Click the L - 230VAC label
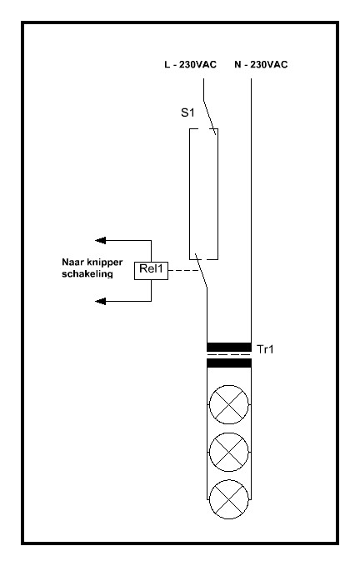click(x=190, y=65)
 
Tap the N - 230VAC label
click(x=261, y=65)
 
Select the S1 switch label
click(x=187, y=113)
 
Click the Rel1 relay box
click(x=151, y=270)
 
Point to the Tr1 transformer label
click(x=265, y=349)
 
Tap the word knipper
click(x=105, y=263)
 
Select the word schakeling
click(x=87, y=274)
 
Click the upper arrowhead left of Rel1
click(x=100, y=240)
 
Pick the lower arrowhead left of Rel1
click(x=100, y=301)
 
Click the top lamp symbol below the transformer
click(x=229, y=404)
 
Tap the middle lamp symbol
click(x=229, y=452)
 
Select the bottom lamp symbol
click(x=229, y=499)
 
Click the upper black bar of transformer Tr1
click(x=229, y=347)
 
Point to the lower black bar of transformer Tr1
click(x=229, y=363)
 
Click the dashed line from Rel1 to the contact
click(x=183, y=270)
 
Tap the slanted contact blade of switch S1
click(x=209, y=118)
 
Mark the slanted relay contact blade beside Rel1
click(x=202, y=271)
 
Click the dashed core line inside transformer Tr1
click(x=229, y=355)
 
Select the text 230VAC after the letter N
click(x=268, y=65)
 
